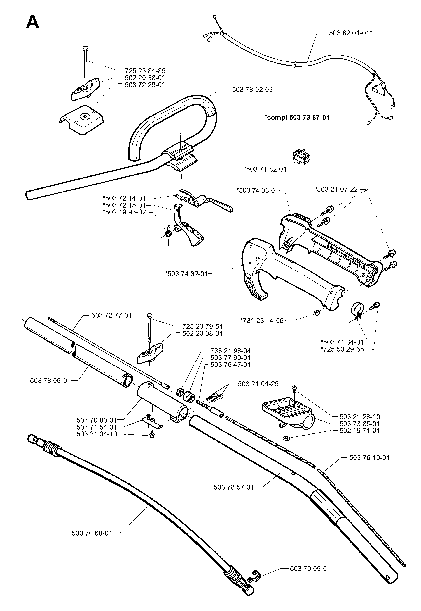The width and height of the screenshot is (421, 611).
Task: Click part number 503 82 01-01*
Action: point(351,33)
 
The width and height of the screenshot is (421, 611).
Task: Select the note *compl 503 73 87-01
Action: point(297,117)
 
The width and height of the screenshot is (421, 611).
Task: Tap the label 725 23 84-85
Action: point(145,71)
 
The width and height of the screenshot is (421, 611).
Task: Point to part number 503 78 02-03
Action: point(252,90)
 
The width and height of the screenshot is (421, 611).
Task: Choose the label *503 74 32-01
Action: point(186,274)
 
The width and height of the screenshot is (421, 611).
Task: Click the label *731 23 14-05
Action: point(262,321)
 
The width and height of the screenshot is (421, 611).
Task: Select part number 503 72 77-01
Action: point(111,315)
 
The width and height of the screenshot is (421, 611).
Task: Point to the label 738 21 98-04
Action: point(230,351)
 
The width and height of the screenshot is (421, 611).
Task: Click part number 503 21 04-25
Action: point(258,384)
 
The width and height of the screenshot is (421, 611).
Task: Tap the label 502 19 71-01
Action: point(360,431)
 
